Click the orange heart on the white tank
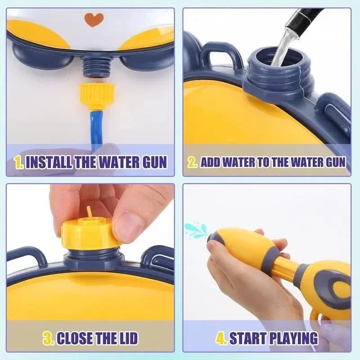[x=94, y=19]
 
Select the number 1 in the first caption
[x=19, y=162]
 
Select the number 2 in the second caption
[x=193, y=162]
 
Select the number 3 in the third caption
[x=48, y=337]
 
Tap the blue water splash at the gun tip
[x=196, y=229]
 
